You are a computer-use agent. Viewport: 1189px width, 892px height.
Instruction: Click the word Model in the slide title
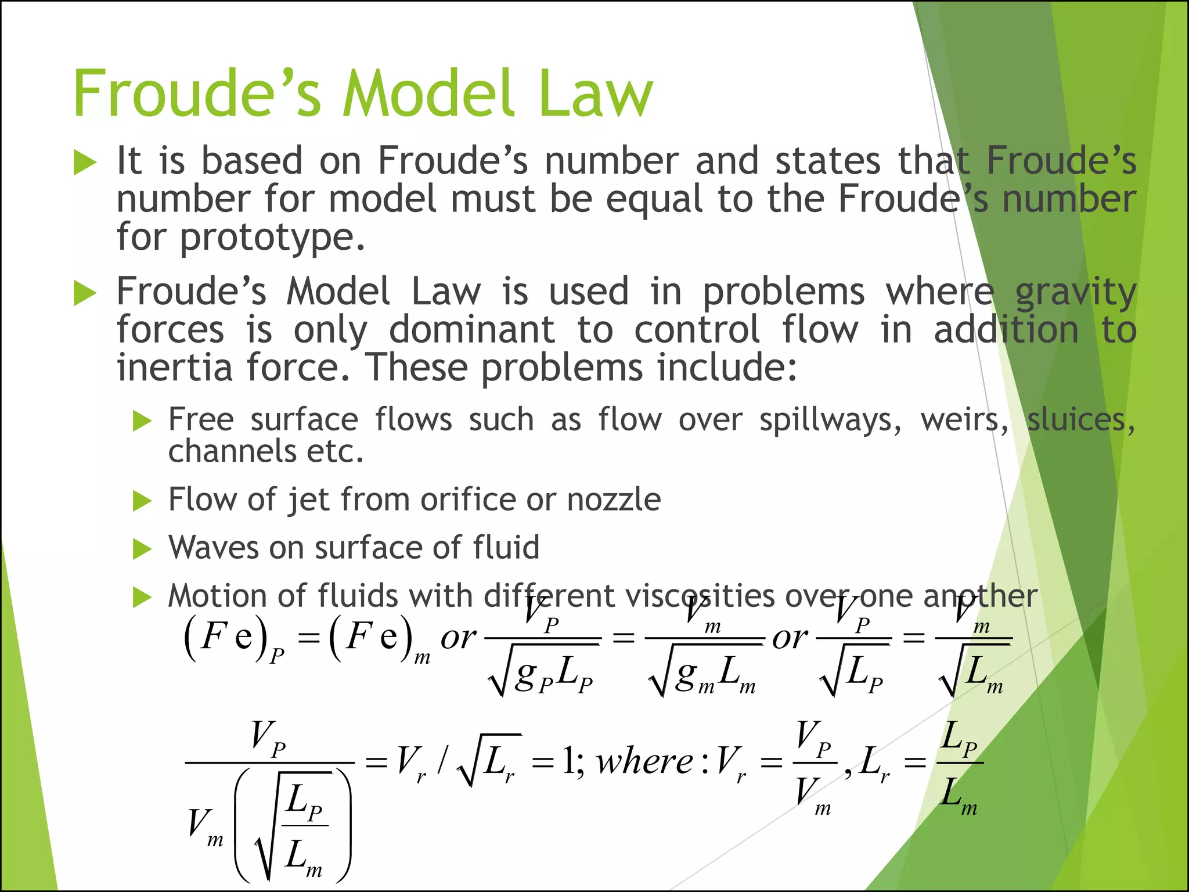click(x=428, y=94)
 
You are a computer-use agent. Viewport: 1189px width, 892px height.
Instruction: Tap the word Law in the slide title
click(x=596, y=94)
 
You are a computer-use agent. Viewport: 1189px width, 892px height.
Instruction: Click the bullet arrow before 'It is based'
click(x=85, y=163)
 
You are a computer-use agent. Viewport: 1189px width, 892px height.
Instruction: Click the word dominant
click(x=471, y=330)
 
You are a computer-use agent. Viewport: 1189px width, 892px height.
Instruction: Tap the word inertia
click(x=174, y=368)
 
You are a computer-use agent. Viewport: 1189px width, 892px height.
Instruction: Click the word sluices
click(x=1080, y=420)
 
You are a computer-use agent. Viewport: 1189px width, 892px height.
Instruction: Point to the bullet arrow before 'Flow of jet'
click(x=142, y=501)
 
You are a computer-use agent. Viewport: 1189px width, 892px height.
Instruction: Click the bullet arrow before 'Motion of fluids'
click(x=142, y=597)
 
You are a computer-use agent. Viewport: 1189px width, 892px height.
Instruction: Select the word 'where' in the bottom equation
click(x=644, y=761)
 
